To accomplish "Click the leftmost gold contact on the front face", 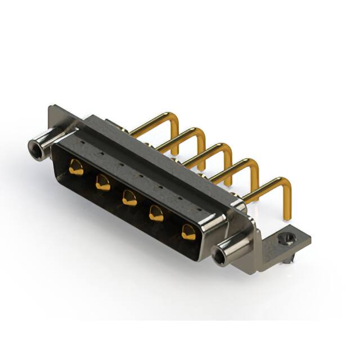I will [x=76, y=166].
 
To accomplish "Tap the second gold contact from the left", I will [x=102, y=182].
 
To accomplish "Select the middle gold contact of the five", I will [x=129, y=197].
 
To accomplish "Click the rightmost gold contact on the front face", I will [x=188, y=231].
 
